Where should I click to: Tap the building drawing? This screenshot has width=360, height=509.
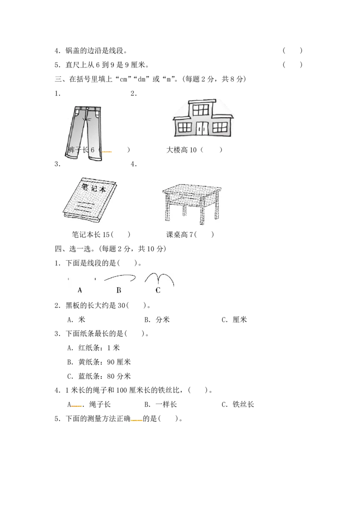point(203,119)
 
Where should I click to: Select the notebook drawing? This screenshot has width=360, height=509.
point(90,200)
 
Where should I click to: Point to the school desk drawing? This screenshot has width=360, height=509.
point(192,204)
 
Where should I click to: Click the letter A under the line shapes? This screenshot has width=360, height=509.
point(80,290)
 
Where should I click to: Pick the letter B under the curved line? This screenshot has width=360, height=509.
point(119,290)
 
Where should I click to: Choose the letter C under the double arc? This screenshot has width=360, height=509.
point(158,290)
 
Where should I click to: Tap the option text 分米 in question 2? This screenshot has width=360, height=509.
point(162,320)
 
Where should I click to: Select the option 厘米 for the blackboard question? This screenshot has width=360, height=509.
point(240,320)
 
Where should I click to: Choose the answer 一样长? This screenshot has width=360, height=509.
point(166,405)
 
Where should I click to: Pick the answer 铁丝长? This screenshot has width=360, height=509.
point(243,405)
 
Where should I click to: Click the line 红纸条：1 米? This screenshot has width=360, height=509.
point(99,348)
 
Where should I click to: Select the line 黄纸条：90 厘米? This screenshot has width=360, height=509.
point(104,362)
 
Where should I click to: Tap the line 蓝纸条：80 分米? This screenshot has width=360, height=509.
point(104,376)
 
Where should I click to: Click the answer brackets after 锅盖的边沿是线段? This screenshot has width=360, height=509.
point(292,50)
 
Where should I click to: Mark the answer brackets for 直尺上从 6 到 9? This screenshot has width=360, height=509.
point(292,65)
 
